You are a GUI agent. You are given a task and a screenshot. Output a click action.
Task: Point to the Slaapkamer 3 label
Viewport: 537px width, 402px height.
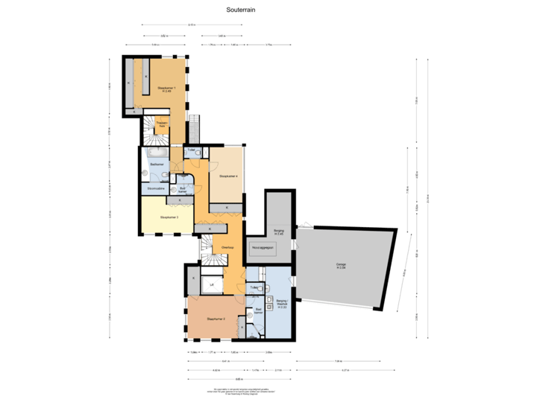click(169, 217)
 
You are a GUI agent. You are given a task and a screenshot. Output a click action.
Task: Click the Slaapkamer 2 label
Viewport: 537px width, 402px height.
click(216, 319)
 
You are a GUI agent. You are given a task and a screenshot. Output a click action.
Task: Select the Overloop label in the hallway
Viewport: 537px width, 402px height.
click(228, 248)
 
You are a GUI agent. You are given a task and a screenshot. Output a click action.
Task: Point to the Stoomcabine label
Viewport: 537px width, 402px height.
click(156, 189)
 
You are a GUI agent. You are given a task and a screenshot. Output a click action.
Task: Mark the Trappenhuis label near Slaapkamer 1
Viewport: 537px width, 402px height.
click(160, 125)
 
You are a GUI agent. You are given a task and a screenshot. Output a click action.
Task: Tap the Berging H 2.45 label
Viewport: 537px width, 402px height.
click(278, 232)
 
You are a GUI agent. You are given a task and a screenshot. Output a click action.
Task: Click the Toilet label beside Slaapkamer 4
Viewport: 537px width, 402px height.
click(192, 150)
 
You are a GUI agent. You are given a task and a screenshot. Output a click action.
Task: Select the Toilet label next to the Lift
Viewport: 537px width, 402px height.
click(254, 287)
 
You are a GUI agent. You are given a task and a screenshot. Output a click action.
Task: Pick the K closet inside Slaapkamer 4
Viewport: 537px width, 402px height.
click(228, 206)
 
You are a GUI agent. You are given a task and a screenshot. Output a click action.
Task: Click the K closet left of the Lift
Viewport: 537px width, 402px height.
click(193, 278)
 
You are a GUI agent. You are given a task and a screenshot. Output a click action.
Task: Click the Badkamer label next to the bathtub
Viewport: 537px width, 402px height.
click(157, 164)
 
